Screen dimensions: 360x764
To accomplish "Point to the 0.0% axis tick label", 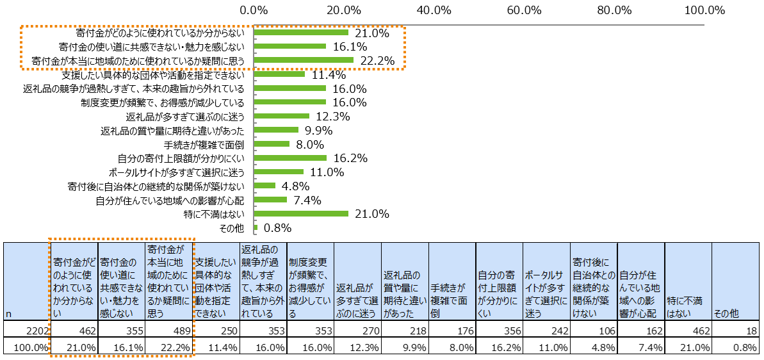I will (254, 10).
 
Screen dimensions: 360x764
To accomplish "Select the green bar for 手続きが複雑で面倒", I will (272, 144).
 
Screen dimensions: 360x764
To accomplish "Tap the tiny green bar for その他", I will (256, 227).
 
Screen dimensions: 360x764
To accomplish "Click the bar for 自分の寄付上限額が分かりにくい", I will (291, 158).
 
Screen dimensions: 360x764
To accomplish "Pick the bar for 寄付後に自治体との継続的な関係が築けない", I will (265, 186).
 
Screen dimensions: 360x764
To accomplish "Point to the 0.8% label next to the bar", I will (278, 228).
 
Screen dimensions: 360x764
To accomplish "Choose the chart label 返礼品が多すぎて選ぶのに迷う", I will (185, 117).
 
